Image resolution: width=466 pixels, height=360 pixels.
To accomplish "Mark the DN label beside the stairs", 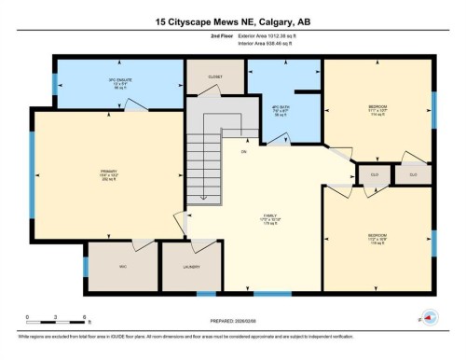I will point(243,150).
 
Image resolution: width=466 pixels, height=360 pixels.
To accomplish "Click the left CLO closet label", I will point(373,173).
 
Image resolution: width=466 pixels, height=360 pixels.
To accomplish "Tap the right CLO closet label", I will point(411,173).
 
